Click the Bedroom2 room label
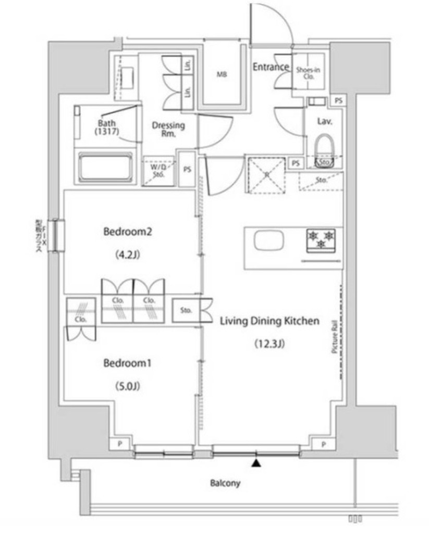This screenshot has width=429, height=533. pos(127,232)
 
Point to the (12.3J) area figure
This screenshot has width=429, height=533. pos(268,344)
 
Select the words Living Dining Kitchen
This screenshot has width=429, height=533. pos(268,321)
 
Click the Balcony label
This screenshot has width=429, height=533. pos(225,483)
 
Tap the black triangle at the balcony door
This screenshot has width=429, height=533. pos(256,462)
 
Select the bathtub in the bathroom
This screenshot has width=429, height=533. pos(106,168)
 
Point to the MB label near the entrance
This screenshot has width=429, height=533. pos(221,74)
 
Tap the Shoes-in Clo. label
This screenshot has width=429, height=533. pos(308,72)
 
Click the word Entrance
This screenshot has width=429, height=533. pos(271,67)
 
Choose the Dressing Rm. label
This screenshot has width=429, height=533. pos(168,129)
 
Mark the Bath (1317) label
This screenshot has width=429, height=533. pos(107,128)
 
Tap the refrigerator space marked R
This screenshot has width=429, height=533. pos(266,175)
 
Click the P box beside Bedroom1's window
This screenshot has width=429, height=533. pos(120,444)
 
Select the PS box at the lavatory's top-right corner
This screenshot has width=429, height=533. pos(338,100)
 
